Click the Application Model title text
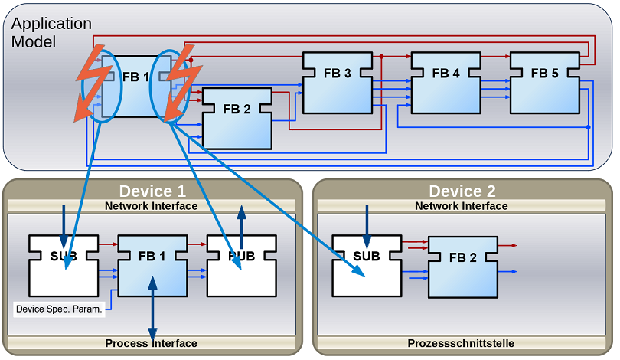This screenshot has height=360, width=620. click(51, 33)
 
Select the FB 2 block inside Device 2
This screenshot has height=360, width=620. click(462, 267)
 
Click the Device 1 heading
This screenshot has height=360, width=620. click(152, 191)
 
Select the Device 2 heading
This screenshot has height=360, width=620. click(462, 191)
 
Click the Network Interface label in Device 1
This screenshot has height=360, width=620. click(152, 206)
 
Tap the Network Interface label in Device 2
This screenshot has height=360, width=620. click(462, 206)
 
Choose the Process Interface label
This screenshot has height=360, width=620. click(152, 343)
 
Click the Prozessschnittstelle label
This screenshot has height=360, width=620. click(462, 343)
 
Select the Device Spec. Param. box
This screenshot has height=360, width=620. click(59, 310)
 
